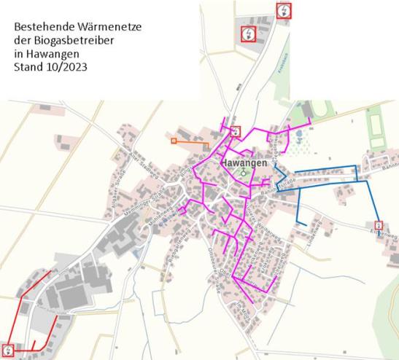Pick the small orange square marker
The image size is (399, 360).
[x=174, y=140]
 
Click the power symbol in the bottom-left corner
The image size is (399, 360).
[x=8, y=351]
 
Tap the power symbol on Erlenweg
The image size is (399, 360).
[x=379, y=224]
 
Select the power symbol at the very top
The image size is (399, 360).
[x=283, y=10]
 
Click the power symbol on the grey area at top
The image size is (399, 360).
[x=248, y=34]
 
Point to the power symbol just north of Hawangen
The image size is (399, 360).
[x=235, y=132]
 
